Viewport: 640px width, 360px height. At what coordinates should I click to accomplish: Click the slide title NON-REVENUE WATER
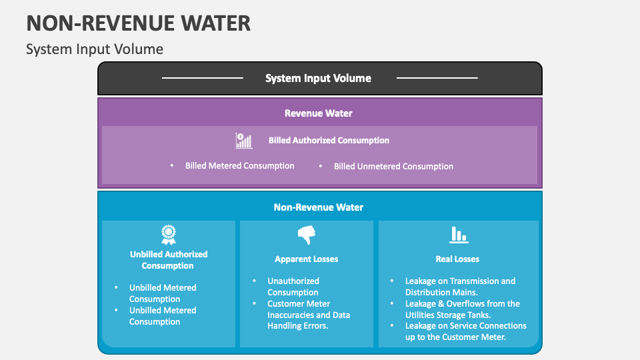(139, 23)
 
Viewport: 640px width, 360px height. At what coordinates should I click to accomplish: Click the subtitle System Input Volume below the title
(94, 49)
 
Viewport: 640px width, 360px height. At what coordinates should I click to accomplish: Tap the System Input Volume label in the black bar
(318, 78)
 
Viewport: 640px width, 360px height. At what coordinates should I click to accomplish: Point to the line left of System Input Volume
(203, 78)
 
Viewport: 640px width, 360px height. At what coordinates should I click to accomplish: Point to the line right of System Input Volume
(437, 78)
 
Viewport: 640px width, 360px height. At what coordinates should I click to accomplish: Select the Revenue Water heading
(319, 113)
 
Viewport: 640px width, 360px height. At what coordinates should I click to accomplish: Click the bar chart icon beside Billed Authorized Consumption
(244, 141)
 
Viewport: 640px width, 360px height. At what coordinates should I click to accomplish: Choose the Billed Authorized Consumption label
(329, 141)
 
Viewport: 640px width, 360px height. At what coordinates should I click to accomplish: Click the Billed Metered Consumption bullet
(239, 166)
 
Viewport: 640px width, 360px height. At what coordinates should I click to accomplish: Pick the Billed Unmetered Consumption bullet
(393, 167)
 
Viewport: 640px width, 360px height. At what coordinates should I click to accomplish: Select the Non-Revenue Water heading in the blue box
(319, 207)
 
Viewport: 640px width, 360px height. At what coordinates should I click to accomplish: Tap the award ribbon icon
(168, 235)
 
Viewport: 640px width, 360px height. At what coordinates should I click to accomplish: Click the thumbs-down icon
(306, 235)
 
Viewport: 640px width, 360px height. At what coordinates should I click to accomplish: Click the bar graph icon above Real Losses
(458, 235)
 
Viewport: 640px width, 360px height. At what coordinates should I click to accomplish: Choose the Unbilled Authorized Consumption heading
(168, 260)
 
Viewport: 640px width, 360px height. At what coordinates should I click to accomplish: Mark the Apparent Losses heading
(306, 259)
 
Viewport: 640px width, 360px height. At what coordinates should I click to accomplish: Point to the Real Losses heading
(457, 259)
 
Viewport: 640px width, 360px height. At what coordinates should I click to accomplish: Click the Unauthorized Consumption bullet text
(293, 287)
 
